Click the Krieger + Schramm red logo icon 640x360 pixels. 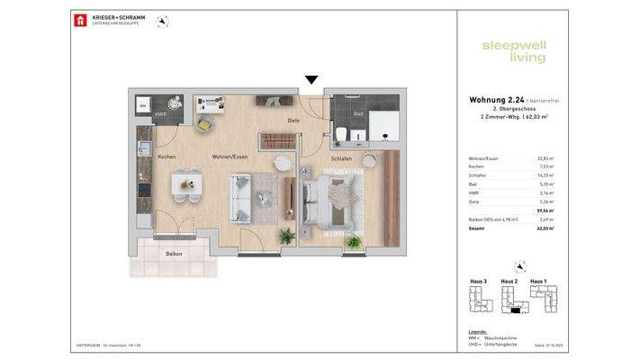click(x=80, y=20)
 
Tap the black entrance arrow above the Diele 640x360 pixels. click(x=311, y=80)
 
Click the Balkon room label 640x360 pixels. click(x=174, y=255)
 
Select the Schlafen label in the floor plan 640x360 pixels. click(x=341, y=157)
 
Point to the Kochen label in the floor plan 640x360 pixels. click(x=167, y=157)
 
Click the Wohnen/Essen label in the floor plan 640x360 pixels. click(x=230, y=157)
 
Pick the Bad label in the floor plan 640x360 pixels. click(x=357, y=113)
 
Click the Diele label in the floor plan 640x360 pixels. click(x=293, y=120)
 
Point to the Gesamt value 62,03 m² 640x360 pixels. click(x=545, y=229)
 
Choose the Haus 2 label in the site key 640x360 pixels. click(x=509, y=282)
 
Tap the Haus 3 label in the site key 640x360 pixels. click(x=479, y=282)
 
